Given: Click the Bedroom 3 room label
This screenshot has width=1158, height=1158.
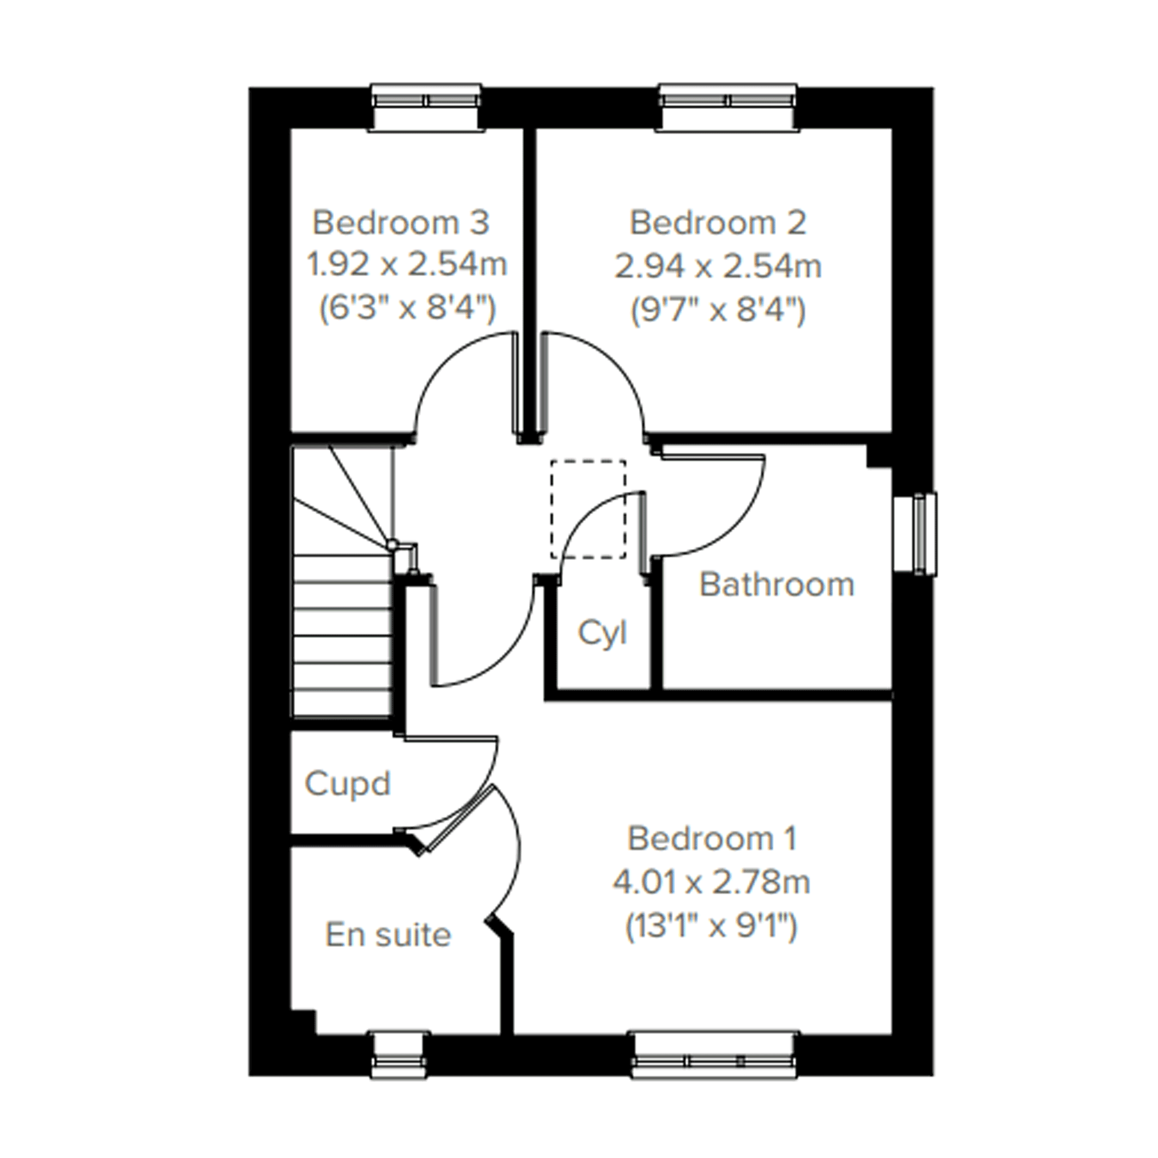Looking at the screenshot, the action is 401,222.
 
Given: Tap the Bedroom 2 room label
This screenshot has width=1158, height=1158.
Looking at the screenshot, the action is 718,222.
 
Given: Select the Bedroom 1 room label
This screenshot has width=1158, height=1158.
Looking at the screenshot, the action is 712,838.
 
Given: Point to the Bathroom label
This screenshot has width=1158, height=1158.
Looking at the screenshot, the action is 777,584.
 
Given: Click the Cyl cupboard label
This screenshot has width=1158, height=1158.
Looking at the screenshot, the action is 602,634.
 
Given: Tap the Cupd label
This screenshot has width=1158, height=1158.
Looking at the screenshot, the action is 348,784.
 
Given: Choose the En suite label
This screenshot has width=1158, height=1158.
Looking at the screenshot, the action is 388,934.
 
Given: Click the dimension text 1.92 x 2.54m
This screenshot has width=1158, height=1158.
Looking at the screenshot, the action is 407,265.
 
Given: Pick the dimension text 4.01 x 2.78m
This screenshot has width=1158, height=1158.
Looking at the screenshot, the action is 711,882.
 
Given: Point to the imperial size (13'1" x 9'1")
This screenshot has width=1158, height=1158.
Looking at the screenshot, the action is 711,926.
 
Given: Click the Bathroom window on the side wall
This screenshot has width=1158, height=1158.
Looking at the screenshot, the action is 914,534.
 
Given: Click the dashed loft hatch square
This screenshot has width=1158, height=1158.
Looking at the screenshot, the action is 588,510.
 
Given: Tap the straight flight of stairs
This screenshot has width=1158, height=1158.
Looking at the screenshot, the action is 342,635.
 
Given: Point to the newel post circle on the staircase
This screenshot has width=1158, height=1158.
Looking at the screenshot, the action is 391,545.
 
